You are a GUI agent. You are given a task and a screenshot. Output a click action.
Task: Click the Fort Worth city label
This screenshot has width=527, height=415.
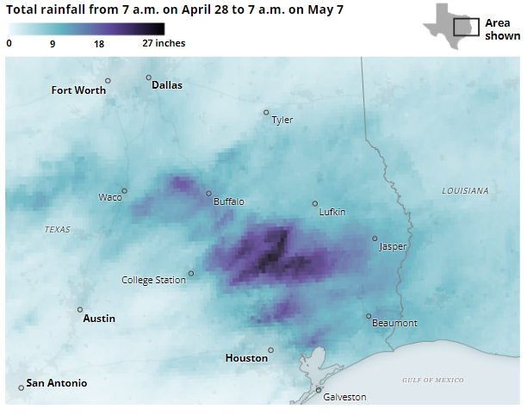coord(78,90)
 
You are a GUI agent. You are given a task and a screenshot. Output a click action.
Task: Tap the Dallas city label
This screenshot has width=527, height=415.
coord(167,85)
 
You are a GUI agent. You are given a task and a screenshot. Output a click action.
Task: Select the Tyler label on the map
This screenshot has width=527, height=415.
coord(282,121)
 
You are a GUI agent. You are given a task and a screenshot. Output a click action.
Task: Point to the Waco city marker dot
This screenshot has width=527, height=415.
coord(124,191)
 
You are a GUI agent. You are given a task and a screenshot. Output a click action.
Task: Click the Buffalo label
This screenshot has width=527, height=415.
coord(229,202)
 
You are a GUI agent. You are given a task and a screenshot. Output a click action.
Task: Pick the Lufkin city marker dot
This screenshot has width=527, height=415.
coord(314,204)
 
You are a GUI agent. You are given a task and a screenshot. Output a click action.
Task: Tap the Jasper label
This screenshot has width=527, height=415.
coord(393,247)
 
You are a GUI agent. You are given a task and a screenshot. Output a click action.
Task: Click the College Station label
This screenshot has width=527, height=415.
coord(153,280)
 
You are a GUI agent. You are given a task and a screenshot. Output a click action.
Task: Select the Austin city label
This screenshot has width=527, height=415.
coord(99,319)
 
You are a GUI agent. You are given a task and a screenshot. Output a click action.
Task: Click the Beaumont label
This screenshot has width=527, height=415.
coord(394,324)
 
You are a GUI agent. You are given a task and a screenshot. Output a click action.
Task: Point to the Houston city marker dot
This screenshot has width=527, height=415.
coord(270,350)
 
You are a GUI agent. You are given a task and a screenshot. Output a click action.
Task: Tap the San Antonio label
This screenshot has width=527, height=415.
coord(56,383)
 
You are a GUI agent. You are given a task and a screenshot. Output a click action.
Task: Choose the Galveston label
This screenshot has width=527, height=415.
coord(344,397)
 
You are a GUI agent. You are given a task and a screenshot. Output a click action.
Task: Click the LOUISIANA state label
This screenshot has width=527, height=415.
coord(465,190)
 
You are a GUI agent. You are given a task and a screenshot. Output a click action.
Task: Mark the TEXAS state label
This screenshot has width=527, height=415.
coord(58,230)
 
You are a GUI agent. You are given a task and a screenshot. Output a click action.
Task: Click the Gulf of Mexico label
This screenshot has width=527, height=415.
coord(433,380)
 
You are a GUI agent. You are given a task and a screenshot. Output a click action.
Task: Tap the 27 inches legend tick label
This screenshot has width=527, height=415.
coord(164,43)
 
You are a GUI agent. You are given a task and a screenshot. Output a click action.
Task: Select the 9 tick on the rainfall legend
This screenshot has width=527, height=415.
coord(53,43)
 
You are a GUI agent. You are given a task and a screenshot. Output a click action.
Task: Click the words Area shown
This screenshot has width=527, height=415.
coord(502,29)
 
